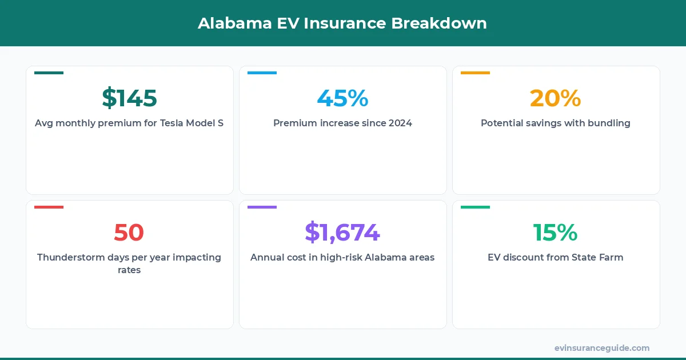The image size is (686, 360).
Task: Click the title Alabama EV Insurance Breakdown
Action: (x=342, y=23)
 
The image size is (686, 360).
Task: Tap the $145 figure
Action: (x=129, y=98)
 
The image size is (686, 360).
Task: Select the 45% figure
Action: (x=342, y=98)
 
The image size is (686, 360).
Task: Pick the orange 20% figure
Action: (x=556, y=98)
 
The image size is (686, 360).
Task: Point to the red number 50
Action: (x=129, y=233)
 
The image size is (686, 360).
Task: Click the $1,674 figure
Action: (x=342, y=233)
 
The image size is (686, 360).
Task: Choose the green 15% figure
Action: (x=556, y=233)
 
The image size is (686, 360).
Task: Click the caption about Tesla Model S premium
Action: (x=129, y=123)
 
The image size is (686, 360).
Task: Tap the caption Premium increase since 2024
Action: (x=342, y=123)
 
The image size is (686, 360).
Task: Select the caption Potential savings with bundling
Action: (x=556, y=123)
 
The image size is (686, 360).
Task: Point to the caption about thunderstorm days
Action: (x=129, y=263)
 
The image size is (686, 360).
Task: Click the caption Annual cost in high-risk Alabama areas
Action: (x=342, y=257)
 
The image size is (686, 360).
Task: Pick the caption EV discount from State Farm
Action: (x=556, y=257)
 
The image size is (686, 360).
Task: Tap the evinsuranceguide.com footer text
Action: (x=601, y=347)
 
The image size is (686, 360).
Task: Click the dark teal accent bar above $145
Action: (x=49, y=73)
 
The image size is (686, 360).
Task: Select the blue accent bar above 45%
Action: (x=262, y=73)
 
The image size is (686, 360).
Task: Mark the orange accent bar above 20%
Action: (x=475, y=73)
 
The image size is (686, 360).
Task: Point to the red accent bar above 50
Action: (x=49, y=207)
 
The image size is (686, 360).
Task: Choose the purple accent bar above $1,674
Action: (x=262, y=207)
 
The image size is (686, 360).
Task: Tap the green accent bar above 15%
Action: (x=475, y=207)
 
